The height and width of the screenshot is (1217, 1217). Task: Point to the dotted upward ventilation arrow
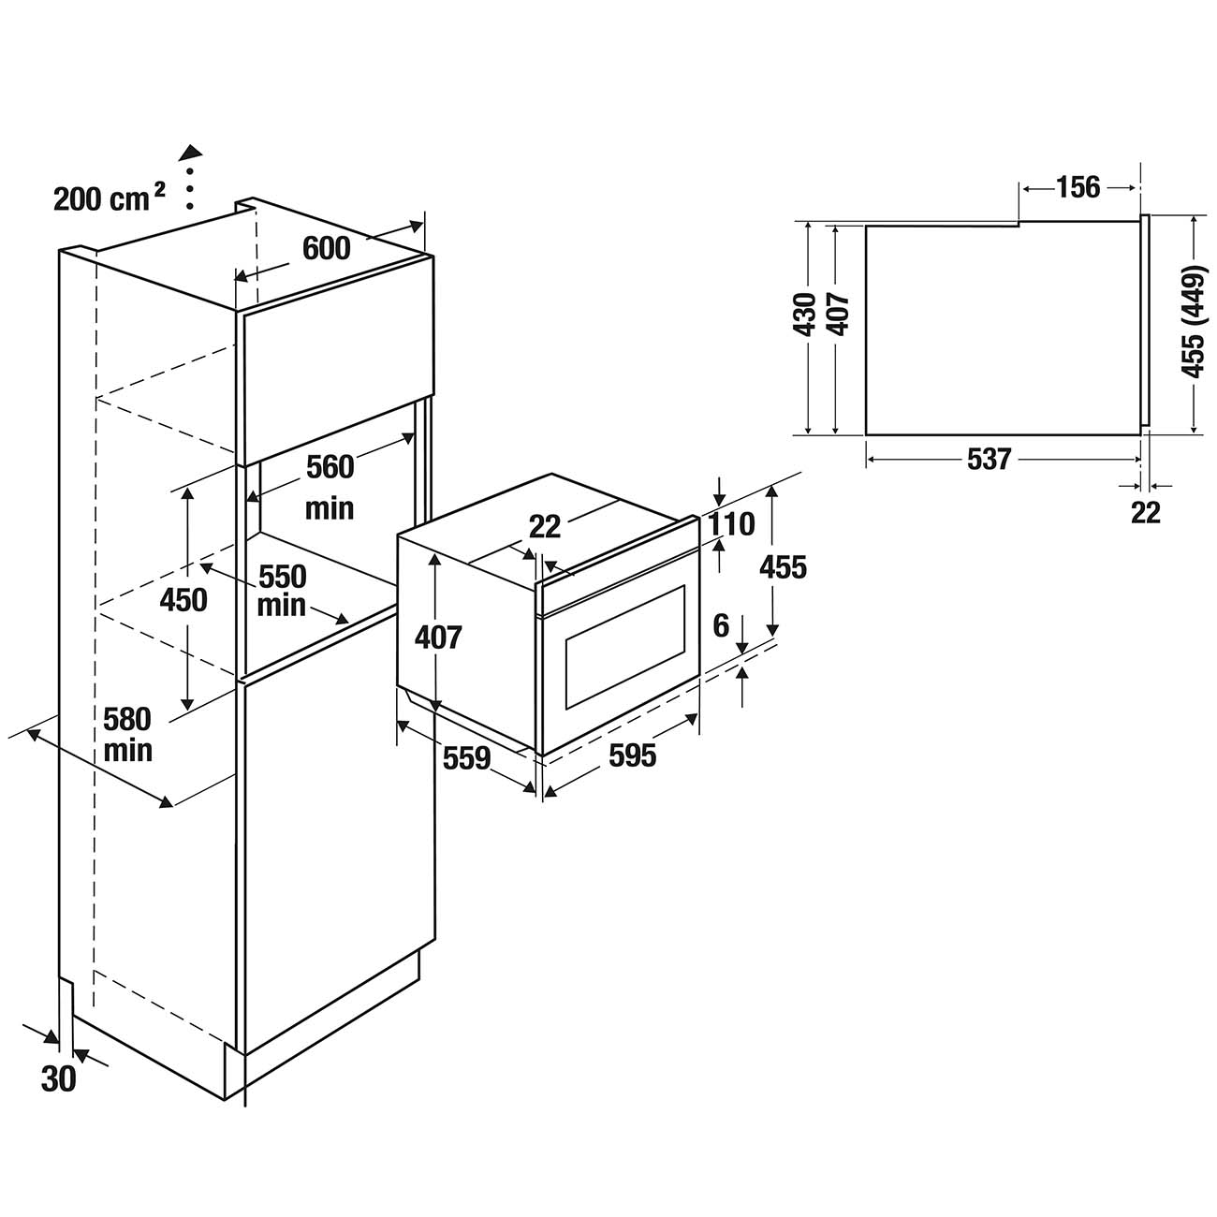coord(191,177)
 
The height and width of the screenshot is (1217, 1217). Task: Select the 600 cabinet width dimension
coord(327,248)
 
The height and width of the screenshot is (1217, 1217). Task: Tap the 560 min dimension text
coord(330,486)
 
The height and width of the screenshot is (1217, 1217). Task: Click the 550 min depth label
coord(283,590)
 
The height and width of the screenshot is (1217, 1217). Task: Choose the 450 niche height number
coord(183,600)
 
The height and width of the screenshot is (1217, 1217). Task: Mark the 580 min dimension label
coord(127,735)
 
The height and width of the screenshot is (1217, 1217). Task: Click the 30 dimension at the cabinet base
coord(58,1079)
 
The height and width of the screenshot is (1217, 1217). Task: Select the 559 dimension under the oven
coord(467,757)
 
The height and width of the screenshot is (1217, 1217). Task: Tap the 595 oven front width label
coord(632,755)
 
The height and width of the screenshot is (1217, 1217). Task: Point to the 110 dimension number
coord(731,524)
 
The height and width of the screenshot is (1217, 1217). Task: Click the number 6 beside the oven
coord(721,625)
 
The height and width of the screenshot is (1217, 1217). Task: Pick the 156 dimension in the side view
coord(1078,187)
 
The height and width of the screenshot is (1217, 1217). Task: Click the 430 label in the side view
coord(804,315)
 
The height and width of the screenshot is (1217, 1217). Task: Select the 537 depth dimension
coord(990,460)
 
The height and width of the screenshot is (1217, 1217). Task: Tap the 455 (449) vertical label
coord(1192,322)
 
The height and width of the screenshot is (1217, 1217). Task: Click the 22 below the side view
coord(1146,512)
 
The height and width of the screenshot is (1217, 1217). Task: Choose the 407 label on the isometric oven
coord(438,638)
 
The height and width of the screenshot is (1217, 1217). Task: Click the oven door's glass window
coord(625,646)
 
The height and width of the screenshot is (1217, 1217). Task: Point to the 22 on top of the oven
coord(544,527)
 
